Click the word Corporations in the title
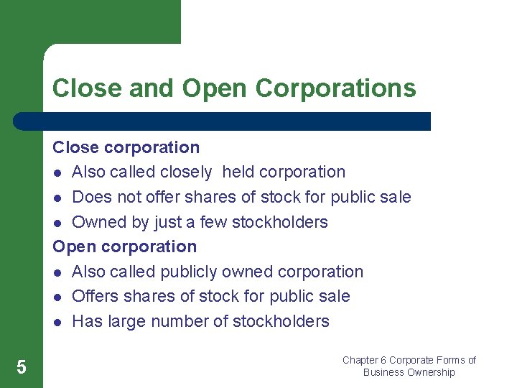335,88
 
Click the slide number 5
22,368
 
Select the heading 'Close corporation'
126,147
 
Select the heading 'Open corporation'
124,246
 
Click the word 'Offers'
96,296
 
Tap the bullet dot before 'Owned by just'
57,223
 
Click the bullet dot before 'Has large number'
57,322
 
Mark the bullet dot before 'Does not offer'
57,198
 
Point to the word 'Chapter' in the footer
360,360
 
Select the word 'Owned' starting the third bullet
96,222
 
